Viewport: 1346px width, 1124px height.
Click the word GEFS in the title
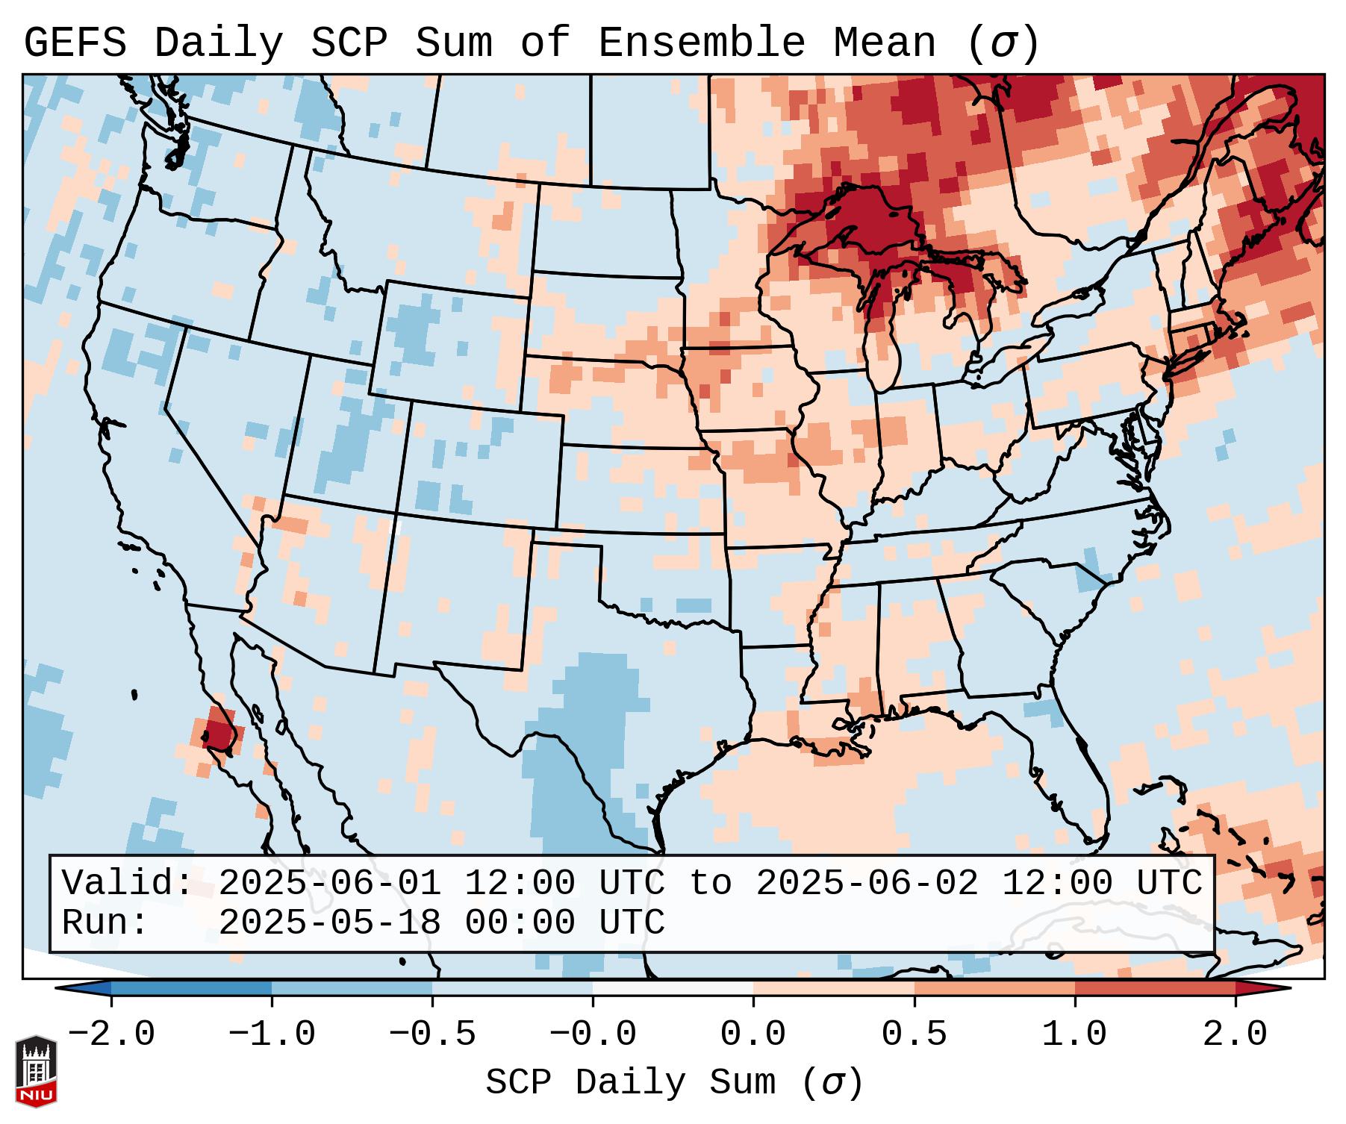(75, 44)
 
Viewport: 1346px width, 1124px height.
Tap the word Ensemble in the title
(702, 44)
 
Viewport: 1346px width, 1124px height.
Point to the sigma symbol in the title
(1003, 44)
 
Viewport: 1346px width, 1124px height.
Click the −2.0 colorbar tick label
(111, 1035)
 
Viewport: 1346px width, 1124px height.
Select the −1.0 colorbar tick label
(272, 1035)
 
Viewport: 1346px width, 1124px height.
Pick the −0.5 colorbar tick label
(432, 1035)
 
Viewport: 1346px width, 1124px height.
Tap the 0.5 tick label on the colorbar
(915, 1035)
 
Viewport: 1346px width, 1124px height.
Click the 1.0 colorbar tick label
(1075, 1035)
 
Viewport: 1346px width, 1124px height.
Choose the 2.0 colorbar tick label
(1236, 1035)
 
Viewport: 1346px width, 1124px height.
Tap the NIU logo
(36, 1071)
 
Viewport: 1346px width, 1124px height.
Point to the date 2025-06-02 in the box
(867, 883)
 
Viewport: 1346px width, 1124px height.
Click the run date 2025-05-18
(329, 922)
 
